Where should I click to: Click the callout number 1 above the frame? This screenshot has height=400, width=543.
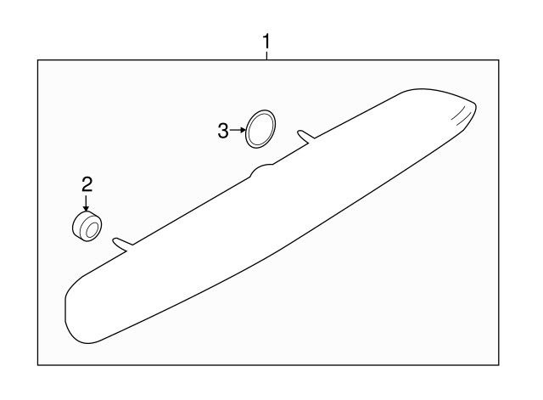266,42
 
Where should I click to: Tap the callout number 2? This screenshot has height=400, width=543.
87,184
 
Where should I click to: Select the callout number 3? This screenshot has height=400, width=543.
223,131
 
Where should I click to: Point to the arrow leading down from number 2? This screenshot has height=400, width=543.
86,203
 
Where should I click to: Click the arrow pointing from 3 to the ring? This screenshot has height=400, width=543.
238,130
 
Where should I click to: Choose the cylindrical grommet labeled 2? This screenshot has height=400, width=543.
87,226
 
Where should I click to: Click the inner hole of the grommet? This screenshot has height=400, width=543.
92,230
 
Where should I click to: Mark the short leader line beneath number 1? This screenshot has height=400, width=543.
266,56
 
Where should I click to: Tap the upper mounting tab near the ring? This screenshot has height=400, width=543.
306,136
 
